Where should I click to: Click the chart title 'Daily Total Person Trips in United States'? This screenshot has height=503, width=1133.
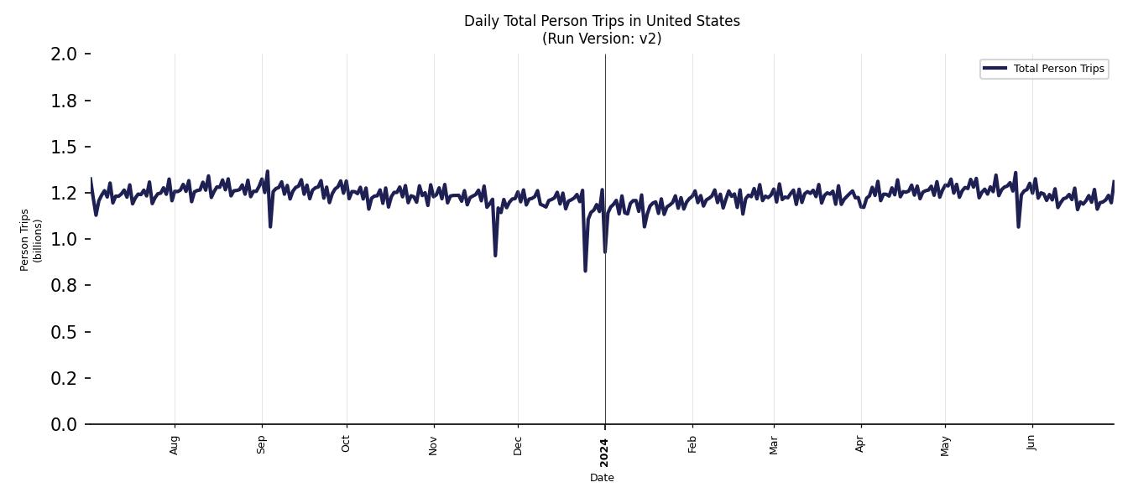(602, 21)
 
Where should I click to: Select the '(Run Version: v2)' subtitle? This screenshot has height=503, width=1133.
(602, 39)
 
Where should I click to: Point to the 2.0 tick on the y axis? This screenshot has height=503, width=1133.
(65, 54)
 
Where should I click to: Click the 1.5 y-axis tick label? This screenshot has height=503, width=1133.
(65, 147)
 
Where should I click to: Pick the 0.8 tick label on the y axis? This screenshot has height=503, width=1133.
(65, 286)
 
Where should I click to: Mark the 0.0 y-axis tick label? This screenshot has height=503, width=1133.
(65, 425)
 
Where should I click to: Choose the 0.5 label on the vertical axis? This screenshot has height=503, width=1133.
(65, 332)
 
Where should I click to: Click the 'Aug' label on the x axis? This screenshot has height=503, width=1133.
(175, 444)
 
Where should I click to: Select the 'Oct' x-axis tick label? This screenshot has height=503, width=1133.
(346, 444)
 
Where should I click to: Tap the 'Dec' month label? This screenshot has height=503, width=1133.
(518, 444)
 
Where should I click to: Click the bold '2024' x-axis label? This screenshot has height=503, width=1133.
(605, 452)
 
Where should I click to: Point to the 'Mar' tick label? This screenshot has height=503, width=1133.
(774, 444)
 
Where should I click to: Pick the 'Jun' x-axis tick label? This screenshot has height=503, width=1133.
(1031, 443)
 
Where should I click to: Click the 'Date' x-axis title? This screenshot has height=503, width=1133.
(602, 478)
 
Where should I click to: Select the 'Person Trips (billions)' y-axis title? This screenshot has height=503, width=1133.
(31, 240)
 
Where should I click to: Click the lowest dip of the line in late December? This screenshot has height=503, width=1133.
(585, 270)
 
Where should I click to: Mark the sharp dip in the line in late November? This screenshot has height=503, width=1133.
(495, 255)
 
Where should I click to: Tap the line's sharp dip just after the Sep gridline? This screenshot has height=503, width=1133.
(270, 226)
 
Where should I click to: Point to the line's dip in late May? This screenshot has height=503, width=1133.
(1018, 226)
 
